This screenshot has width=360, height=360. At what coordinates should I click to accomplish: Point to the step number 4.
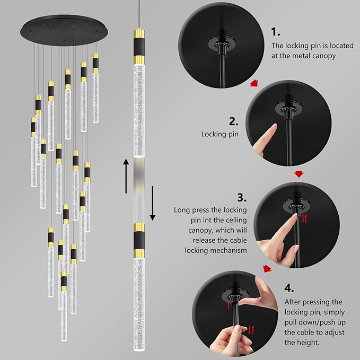point(288,288)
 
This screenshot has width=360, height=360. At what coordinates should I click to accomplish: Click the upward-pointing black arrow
point(126,174)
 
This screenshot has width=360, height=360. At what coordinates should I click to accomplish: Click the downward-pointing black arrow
point(152,202)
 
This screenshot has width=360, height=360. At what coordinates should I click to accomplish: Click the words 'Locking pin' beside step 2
point(219,135)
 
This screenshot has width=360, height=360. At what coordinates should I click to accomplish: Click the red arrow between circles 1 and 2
point(255,83)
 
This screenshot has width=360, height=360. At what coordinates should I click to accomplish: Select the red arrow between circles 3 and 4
point(268,269)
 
